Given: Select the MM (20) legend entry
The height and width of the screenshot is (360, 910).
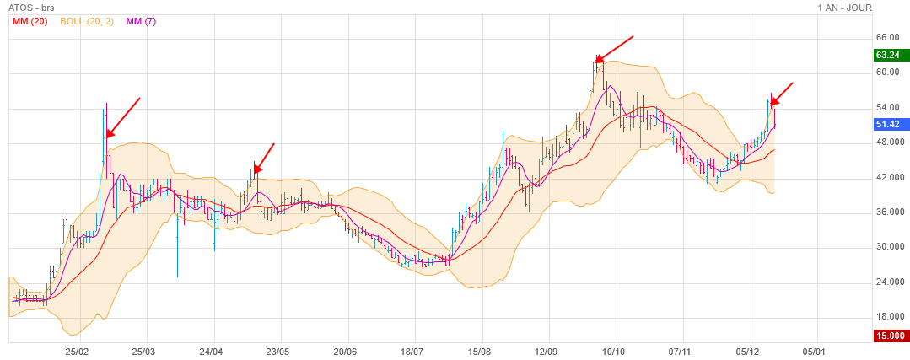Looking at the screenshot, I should coord(30,21).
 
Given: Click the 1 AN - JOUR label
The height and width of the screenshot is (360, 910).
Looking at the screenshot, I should coord(844,8).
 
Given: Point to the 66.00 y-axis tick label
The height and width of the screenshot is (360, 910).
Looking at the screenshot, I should coord(889,38).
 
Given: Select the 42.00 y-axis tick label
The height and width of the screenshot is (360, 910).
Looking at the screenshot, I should coord(889,177).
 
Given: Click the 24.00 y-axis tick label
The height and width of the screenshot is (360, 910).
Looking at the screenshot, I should coord(889,282).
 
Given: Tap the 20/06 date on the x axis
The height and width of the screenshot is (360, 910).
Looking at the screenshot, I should coord(346,351).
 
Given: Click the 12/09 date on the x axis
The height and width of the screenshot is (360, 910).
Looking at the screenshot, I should coord(547,351).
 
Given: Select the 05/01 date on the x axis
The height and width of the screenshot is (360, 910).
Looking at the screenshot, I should coord(814,351).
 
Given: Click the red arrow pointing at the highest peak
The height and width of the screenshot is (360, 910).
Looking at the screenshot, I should coord(614,49).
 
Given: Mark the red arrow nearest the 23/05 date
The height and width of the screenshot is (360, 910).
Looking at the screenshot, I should coord(264,159).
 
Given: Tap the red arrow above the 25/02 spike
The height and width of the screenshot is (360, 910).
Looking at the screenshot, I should coord(122,117).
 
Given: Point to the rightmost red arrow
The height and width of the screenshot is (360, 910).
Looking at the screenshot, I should coord(782,94).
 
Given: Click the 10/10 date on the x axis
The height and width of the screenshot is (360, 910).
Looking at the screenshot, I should coord(614,351).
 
